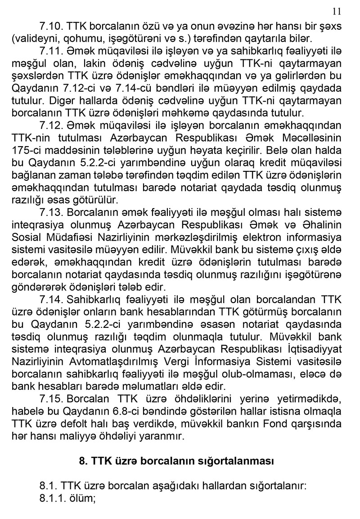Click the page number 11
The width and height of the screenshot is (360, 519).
[x=337, y=11]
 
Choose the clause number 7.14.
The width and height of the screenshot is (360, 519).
[x=51, y=297]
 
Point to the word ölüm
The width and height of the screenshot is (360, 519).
[x=84, y=498]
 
